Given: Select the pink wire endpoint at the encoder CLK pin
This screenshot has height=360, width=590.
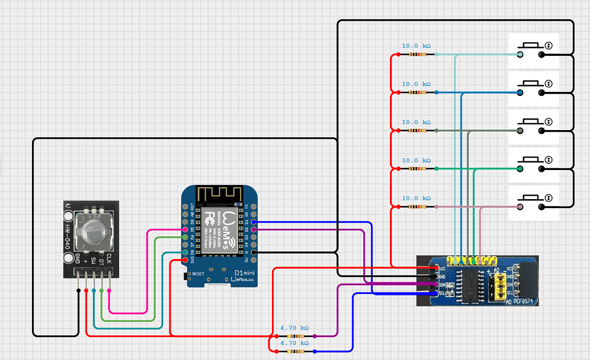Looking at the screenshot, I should click(x=108, y=291).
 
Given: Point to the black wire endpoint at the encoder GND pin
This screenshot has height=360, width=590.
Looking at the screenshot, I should click(x=78, y=291).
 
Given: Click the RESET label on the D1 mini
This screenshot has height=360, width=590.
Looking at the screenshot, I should click(x=198, y=274).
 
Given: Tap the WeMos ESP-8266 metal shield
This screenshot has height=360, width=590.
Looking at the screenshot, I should click(x=219, y=229).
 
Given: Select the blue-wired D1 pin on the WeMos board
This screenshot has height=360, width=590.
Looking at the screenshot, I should click(x=253, y=221).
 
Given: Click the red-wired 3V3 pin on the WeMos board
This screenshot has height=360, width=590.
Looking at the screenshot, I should click(x=185, y=260).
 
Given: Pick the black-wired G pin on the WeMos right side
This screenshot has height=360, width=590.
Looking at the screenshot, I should click(x=253, y=252).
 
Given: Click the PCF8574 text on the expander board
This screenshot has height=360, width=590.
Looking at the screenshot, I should click(x=526, y=301).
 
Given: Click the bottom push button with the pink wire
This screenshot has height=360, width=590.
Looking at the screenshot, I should click(x=533, y=202).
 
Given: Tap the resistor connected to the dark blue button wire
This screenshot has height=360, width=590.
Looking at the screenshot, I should click(x=417, y=92).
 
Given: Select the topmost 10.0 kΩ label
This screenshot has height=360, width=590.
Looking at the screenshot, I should click(x=416, y=46).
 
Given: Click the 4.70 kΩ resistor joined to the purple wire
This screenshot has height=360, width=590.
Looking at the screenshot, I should click(x=294, y=337).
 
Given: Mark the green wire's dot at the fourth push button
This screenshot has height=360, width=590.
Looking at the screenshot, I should click(x=520, y=169).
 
